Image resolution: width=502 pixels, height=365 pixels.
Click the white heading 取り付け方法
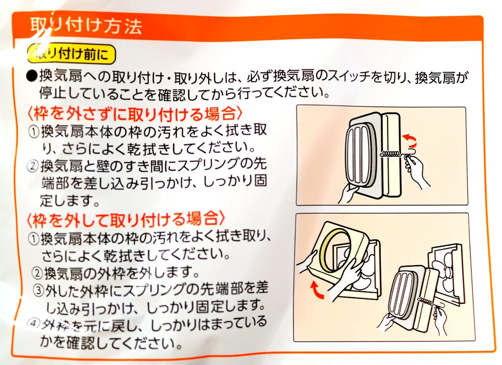click(x=86, y=26)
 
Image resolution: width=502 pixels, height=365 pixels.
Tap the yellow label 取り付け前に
click(x=71, y=54)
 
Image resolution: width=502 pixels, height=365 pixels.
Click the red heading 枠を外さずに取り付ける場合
click(x=135, y=113)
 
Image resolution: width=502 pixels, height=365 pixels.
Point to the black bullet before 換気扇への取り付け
click(x=32, y=77)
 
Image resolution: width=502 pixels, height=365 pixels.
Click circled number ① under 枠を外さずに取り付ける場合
click(x=34, y=132)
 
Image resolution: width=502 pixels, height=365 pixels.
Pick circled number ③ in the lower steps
click(x=39, y=290)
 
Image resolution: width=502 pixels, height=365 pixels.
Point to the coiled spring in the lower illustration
click(x=426, y=301)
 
